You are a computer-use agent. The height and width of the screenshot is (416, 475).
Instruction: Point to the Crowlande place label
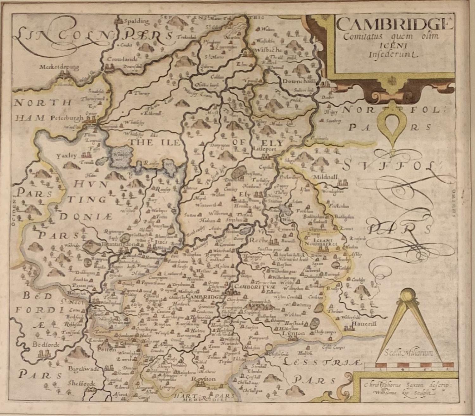[118, 59]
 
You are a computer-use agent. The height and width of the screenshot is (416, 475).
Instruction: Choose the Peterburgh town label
[66, 118]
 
